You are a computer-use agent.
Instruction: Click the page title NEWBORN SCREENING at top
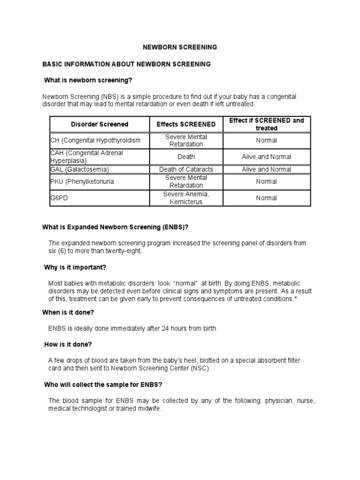click(x=180, y=47)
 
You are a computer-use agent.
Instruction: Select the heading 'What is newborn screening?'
click(x=85, y=80)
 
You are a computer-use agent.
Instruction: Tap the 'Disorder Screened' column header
click(x=99, y=124)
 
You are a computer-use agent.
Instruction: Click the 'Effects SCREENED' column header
click(x=186, y=124)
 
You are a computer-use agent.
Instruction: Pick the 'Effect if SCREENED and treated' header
click(x=266, y=124)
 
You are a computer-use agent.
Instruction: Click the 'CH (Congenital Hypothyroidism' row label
click(x=95, y=141)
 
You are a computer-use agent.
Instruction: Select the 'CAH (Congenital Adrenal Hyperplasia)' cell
click(x=87, y=157)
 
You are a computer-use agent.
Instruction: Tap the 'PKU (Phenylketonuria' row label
click(x=82, y=181)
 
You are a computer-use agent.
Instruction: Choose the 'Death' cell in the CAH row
click(x=186, y=157)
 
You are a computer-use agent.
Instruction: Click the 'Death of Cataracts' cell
click(x=186, y=169)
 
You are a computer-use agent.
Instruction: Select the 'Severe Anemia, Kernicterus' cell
click(x=186, y=198)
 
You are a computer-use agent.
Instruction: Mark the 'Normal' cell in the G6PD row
click(x=266, y=198)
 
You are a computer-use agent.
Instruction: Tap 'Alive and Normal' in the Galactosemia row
click(x=266, y=169)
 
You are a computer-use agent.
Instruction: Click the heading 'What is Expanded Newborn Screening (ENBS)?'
click(x=115, y=227)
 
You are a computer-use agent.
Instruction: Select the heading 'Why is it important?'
click(x=75, y=267)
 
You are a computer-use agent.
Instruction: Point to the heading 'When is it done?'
click(x=71, y=312)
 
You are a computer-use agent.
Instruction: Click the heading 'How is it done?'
click(x=68, y=345)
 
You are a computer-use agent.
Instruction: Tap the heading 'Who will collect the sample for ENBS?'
click(x=103, y=385)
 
